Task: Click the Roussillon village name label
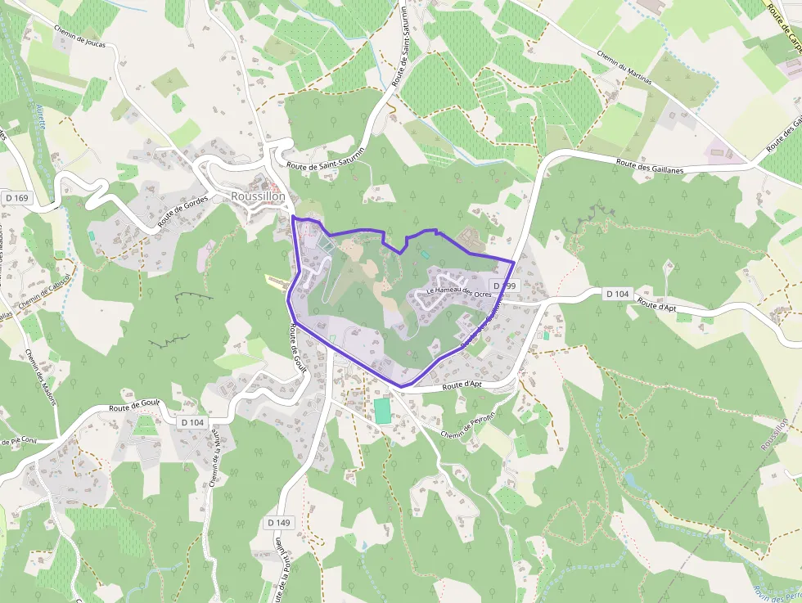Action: coord(258,196)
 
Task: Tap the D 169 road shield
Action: coord(16,197)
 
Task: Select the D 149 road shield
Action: coord(278,522)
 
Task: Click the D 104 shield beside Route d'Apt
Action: coord(619,293)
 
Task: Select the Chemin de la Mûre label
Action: coord(215,460)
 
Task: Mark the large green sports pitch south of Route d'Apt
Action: coord(382,410)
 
